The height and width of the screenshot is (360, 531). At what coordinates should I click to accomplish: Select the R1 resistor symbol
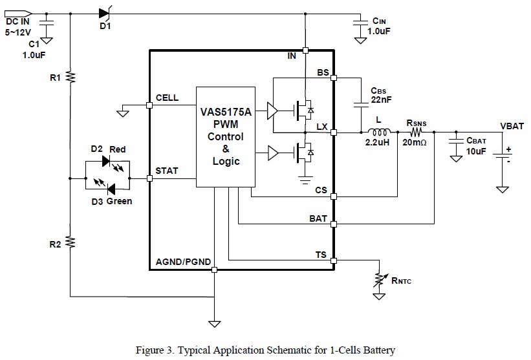(70, 77)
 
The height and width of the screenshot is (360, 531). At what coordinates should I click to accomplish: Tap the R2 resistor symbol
(70, 242)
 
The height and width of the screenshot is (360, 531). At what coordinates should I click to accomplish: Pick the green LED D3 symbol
(107, 189)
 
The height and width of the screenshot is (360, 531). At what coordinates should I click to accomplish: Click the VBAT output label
(512, 126)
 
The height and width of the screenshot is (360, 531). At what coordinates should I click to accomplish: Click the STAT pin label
(168, 171)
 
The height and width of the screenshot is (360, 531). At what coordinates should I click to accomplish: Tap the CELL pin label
(168, 98)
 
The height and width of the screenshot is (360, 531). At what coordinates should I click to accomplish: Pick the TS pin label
(321, 255)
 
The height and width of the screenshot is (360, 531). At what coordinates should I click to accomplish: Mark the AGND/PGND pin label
(184, 262)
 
